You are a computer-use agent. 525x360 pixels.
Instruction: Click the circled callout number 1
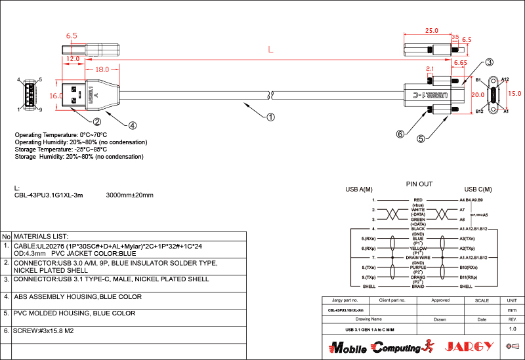pos(270,118)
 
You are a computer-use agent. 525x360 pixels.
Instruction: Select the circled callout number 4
pos(132,125)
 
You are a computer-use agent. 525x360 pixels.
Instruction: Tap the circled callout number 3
pos(489,63)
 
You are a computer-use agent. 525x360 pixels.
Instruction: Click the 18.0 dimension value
pos(102,69)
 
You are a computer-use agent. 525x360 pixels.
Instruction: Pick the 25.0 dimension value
pos(431,31)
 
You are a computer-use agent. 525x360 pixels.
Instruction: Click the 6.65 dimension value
pos(460,63)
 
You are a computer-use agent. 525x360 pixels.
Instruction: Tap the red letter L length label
pos(270,50)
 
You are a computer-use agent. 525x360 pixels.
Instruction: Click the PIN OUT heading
pos(419,184)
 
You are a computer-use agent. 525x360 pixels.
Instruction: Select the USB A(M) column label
pos(359,190)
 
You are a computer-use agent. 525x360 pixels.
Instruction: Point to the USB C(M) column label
pos(478,190)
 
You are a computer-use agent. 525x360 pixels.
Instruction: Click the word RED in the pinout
pos(418,199)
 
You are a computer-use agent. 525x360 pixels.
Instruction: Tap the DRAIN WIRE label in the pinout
pos(418,258)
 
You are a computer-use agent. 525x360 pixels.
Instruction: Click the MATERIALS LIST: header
pos(41,236)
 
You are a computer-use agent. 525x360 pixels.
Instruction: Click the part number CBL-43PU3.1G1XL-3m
pos(49,195)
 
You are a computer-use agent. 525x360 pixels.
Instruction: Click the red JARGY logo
pos(469,346)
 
